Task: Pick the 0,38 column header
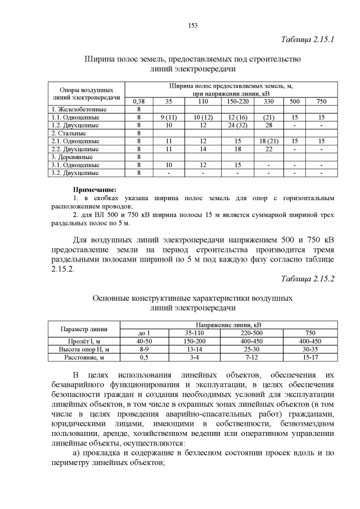coord(138,101)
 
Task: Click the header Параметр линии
coord(84,329)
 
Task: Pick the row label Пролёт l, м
coord(84,341)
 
